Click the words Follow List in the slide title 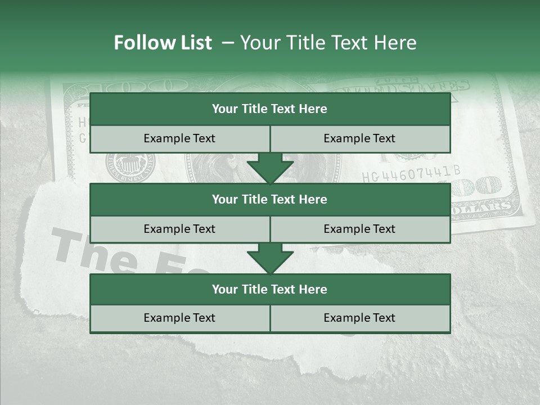click(x=163, y=43)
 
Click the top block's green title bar click(x=270, y=109)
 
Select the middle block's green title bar click(x=270, y=199)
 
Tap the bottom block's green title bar click(x=270, y=289)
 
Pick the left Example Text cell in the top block click(x=179, y=138)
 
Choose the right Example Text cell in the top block click(x=360, y=138)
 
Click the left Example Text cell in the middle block click(x=179, y=229)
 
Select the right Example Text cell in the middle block click(x=360, y=229)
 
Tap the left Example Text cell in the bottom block click(x=179, y=318)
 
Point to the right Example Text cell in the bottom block click(x=360, y=318)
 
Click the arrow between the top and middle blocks click(x=270, y=169)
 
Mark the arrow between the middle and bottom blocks click(x=270, y=259)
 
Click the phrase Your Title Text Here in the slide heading click(x=328, y=43)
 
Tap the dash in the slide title click(x=227, y=43)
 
